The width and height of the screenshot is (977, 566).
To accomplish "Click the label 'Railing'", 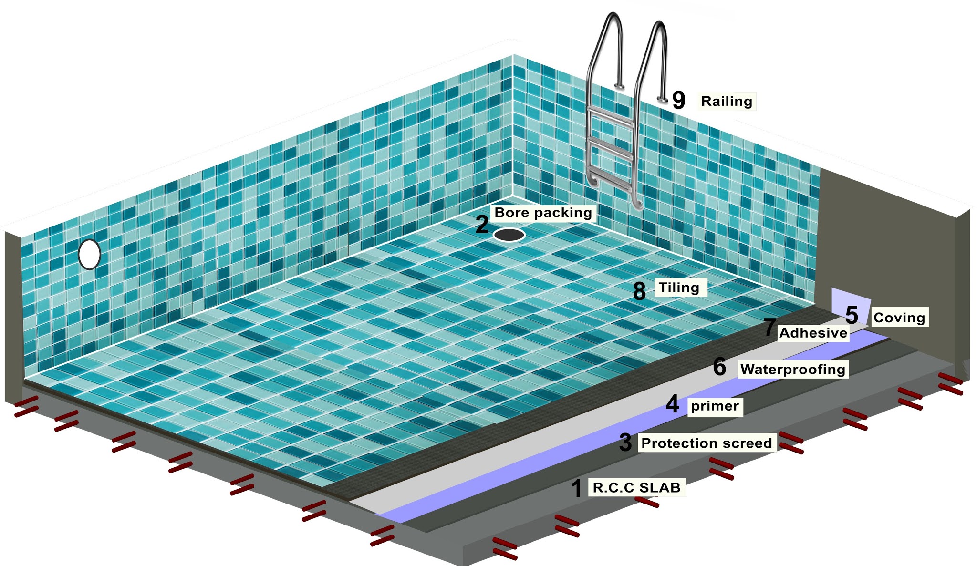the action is pos(727,101).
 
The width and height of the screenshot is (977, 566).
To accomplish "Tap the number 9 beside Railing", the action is pos(678,100).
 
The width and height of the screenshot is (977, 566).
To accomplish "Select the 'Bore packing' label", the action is pos(543,212).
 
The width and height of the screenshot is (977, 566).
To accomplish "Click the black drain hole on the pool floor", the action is pos(509,235).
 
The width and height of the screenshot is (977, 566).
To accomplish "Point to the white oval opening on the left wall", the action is pos(89,254).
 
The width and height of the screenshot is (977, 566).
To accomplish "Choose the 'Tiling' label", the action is pos(679,288).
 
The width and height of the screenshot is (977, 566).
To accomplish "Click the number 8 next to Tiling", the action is pos(639,291).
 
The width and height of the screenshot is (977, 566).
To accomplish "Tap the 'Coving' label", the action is pos(899,318).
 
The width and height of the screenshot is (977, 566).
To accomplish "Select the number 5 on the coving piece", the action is pos(852,315).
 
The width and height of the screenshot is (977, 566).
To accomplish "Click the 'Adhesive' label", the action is pos(813,333).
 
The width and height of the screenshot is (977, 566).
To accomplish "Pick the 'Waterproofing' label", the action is pos(792,369).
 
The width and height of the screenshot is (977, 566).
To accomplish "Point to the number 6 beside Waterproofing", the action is pos(719,367).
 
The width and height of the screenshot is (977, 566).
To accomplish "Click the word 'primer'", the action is pos(715,406).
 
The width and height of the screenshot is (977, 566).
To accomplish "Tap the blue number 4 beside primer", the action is pos(672,404).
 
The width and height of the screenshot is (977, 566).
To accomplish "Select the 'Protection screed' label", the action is pos(706,443).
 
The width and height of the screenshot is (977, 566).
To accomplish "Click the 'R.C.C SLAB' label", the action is pos(636,487).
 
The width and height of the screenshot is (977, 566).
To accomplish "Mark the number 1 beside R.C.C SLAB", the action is pos(577,489).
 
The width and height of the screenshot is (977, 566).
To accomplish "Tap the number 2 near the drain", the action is pos(482,225).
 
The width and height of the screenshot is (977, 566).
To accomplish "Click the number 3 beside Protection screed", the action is pos(625,443).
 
